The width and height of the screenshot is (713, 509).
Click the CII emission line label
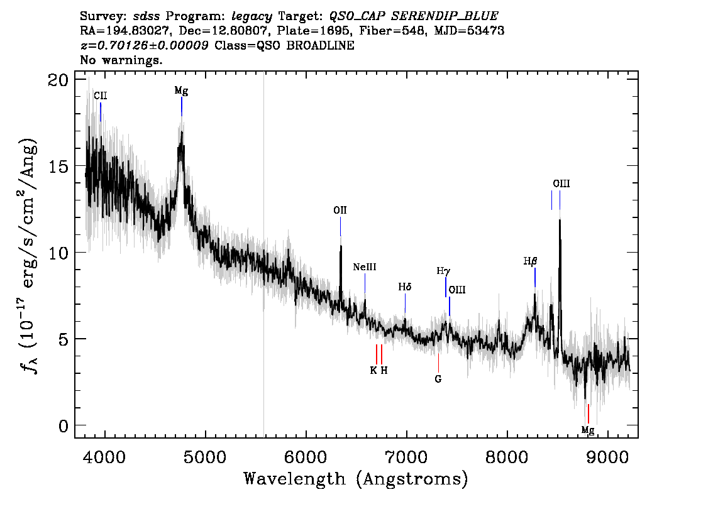101,96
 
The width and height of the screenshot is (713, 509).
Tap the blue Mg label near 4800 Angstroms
181,91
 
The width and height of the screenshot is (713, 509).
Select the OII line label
340,210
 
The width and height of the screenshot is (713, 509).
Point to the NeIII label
365,267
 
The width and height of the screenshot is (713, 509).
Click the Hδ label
405,287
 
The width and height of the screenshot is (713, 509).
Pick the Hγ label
443,271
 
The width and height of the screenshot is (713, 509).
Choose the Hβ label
530,261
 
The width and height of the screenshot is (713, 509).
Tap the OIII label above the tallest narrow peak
561,183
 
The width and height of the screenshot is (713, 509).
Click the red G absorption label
438,379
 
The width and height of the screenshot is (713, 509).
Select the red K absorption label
373,370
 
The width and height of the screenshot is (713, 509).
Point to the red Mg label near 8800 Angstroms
587,430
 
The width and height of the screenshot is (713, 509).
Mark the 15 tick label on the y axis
58,166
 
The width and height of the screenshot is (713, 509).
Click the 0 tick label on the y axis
64,426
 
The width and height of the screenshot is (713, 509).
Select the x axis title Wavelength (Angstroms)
356,479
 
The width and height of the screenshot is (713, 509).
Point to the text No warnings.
121,60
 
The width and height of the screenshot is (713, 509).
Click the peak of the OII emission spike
341,246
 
